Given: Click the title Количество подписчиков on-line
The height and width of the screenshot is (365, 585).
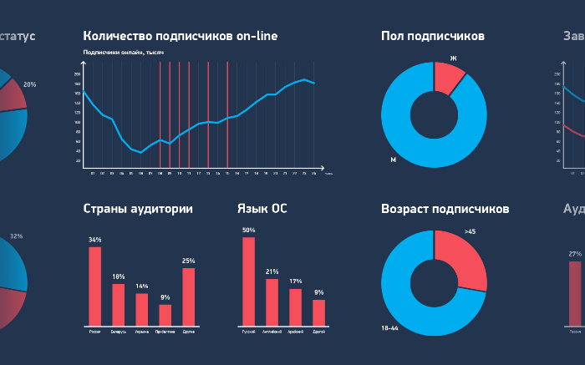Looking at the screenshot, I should tap(181, 36).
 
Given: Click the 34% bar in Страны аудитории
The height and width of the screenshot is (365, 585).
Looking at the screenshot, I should tap(95, 286).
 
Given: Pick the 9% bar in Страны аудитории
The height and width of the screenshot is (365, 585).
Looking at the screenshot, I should tap(165, 314).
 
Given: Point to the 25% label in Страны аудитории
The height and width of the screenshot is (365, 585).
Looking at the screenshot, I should tap(188, 261).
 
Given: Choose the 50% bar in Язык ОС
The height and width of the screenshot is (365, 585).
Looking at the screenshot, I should tap(248, 281).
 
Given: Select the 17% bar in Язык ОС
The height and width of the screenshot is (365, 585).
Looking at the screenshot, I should tap(295, 307).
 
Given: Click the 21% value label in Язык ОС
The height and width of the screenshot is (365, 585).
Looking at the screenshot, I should tap(272, 271).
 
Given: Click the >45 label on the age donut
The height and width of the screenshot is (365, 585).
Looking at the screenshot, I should tap(470, 231).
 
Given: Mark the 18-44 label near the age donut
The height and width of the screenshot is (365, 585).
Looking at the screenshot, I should tap(390, 328).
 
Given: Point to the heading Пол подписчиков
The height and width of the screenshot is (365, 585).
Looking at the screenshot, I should tap(432, 36).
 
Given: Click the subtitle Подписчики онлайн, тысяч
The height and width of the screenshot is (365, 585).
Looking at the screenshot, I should tap(123, 53).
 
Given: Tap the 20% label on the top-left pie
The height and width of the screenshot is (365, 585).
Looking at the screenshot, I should tap(29, 84).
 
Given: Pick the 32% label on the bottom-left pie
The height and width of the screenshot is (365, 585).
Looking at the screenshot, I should tap(16, 236).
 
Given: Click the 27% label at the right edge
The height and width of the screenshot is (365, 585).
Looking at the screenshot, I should tap(575, 254).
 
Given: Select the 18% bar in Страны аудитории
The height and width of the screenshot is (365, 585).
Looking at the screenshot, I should tap(119, 304).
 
